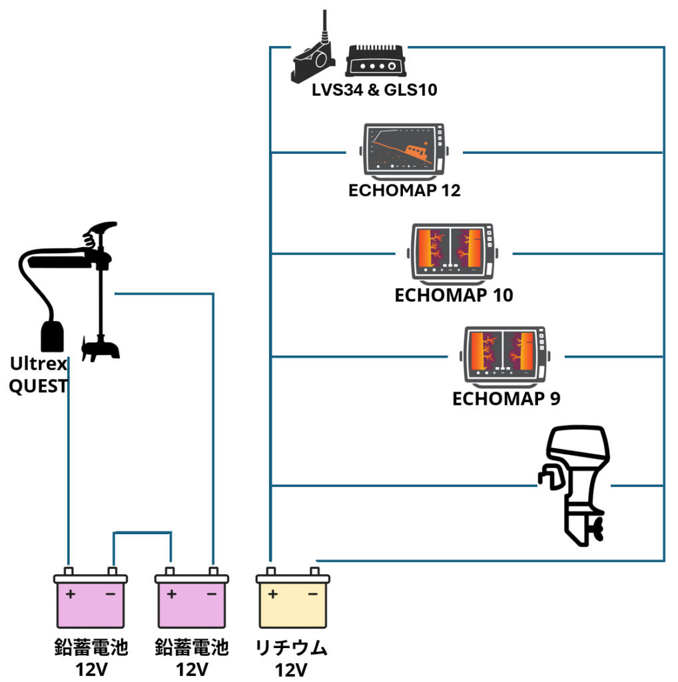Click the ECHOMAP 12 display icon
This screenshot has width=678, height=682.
(x=404, y=152)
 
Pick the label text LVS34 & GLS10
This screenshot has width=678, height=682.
(x=374, y=90)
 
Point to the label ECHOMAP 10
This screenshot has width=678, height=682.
(x=454, y=295)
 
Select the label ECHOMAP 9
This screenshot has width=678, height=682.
(x=506, y=399)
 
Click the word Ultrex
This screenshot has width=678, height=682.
(x=38, y=364)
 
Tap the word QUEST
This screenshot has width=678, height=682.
(x=38, y=386)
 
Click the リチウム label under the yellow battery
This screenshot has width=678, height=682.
(x=292, y=647)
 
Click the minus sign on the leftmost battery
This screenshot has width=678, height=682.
(x=110, y=594)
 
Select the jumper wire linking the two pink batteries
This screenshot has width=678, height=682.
(x=142, y=533)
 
